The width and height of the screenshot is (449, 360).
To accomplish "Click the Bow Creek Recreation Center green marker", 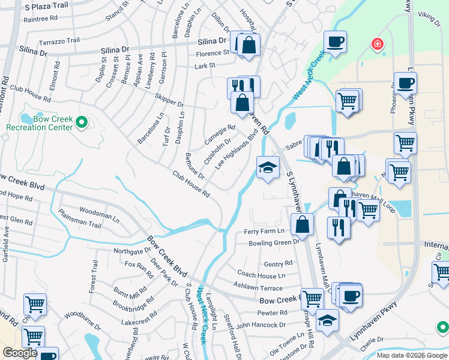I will coord(83,122).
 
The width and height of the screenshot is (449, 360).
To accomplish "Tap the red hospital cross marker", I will coord(377,44).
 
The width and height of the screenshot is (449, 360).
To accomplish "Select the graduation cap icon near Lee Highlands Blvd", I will coord(268,167).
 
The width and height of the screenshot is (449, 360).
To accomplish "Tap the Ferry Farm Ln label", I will coord(263,231).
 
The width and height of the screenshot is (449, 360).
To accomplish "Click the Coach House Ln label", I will coord(261,275).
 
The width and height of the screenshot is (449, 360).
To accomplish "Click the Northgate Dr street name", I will coord(132,251).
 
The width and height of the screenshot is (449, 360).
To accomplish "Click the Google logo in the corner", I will coord(20,353).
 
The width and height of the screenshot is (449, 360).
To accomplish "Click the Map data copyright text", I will coord(411,355).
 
